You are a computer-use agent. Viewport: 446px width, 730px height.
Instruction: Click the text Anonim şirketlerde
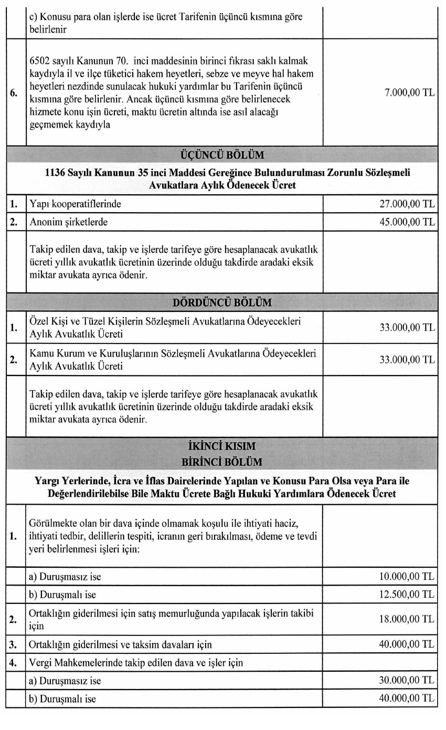tap(69, 222)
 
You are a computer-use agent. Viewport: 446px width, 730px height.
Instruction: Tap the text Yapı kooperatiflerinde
tap(76, 204)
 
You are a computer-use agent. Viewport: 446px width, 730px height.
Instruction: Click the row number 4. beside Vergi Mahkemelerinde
tap(14, 662)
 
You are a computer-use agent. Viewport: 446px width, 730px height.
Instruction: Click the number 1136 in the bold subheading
tap(57, 173)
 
